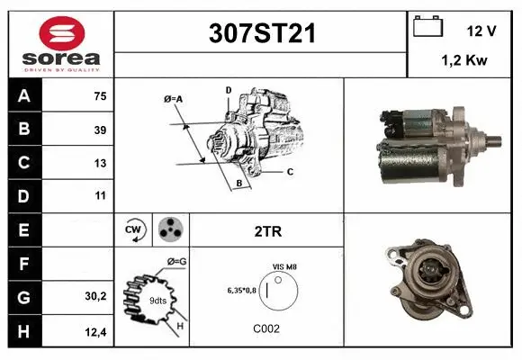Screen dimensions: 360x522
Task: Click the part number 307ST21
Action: tap(261, 35)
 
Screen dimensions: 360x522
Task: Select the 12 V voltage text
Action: tap(481, 30)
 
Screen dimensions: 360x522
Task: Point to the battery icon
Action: tap(426, 27)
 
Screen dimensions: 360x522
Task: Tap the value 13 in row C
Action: tap(99, 164)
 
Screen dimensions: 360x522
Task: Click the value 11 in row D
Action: tap(99, 194)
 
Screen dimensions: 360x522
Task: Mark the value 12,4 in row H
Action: tap(96, 330)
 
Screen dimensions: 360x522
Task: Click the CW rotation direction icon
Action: tap(135, 230)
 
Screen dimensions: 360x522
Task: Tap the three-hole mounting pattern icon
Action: tap(170, 230)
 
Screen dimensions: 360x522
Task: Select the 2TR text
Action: tap(268, 231)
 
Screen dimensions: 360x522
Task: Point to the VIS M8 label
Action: tap(285, 267)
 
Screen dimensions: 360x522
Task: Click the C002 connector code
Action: tap(267, 329)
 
